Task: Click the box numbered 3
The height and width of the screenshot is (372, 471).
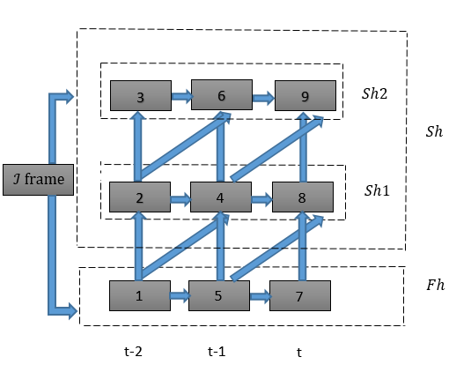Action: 140,95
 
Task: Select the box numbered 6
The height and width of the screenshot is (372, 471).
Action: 221,94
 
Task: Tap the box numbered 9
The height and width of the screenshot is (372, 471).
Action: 305,95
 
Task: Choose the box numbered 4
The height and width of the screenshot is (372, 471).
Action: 221,197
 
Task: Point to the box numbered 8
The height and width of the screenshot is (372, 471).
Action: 302,197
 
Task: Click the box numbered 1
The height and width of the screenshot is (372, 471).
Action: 139,295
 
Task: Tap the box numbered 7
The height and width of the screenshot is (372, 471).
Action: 299,295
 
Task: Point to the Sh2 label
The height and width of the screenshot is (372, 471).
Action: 375,92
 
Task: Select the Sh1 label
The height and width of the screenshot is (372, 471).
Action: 376,191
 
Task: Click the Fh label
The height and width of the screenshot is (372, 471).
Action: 435,286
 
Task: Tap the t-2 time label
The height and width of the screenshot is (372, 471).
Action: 134,350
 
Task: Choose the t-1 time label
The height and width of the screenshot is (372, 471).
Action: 217,350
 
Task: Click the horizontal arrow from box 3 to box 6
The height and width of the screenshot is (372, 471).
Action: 181,95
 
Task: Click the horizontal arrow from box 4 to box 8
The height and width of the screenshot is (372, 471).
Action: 261,198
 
